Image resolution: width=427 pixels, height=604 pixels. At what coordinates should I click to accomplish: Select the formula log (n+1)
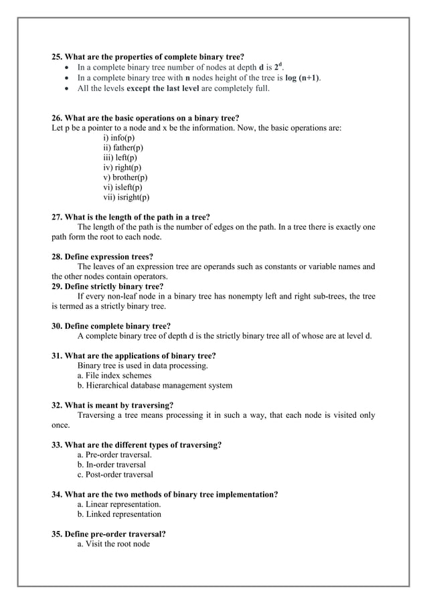298,78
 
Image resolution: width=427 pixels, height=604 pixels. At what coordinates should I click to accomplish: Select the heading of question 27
131,217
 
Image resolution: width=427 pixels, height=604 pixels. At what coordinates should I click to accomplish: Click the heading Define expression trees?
102,256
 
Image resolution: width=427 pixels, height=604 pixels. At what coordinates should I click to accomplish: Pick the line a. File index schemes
114,376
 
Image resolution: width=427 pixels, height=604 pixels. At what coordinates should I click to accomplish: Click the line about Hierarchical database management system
155,386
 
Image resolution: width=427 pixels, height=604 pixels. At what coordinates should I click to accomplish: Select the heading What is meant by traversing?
112,405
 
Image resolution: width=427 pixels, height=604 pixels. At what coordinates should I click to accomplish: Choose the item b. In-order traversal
112,464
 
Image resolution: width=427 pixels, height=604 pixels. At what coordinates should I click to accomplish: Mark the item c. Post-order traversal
115,474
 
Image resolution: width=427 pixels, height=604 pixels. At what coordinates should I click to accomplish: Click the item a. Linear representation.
119,504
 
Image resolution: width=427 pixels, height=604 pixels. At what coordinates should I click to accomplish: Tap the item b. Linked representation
119,514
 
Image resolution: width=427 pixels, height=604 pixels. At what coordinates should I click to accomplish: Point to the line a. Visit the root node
114,544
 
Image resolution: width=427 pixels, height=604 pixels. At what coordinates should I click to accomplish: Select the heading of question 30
110,326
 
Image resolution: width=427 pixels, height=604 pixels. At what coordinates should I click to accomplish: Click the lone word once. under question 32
61,425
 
